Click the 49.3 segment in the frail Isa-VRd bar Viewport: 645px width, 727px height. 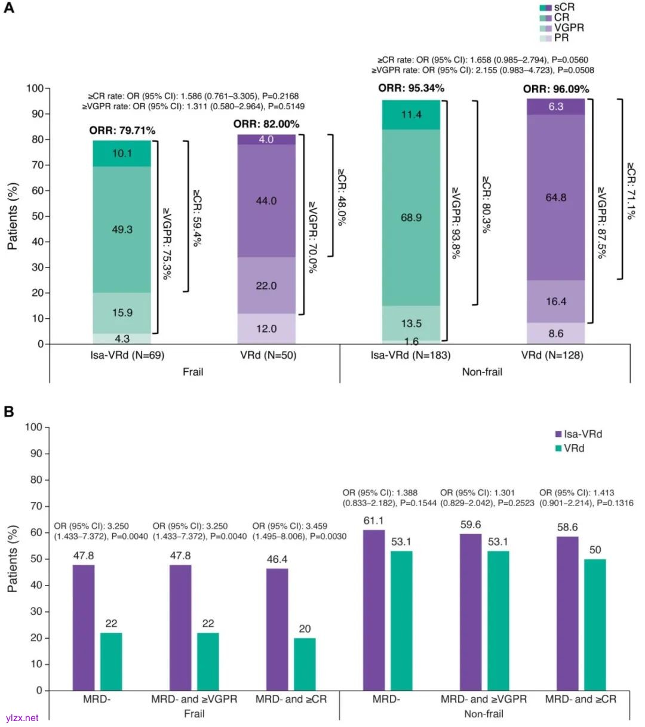(122, 229)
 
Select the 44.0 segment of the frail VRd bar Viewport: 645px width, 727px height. (266, 201)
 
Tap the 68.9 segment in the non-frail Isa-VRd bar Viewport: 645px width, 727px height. (411, 217)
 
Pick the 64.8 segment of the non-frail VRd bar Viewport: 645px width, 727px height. (555, 197)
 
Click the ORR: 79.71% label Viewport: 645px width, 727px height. (122, 130)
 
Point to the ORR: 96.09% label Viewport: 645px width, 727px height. (556, 90)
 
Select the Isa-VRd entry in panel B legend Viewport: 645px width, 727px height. (582, 434)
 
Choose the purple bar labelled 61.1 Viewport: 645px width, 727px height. (374, 609)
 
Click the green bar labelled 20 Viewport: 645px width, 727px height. (305, 664)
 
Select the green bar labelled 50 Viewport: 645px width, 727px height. (595, 624)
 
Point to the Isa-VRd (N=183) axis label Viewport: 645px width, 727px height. (411, 356)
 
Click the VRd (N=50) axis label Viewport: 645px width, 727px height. (266, 356)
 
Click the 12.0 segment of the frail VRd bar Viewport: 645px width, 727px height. (266, 329)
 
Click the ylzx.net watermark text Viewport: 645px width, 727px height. (21, 718)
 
